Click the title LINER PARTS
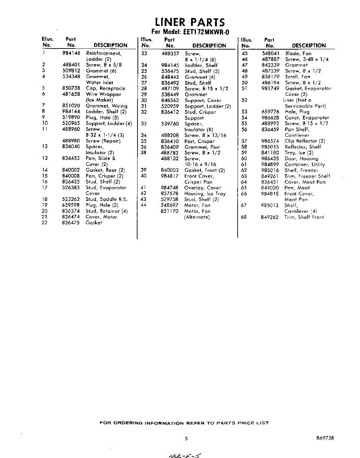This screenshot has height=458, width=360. pyautogui.click(x=189, y=23)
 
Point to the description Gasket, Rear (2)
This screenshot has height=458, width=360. pyautogui.click(x=105, y=170)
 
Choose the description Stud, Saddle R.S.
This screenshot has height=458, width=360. pyautogui.click(x=107, y=199)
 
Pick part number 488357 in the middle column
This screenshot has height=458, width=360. pyautogui.click(x=170, y=53)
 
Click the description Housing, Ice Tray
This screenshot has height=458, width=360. pyautogui.click(x=205, y=194)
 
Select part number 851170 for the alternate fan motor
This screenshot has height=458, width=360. pyautogui.click(x=170, y=211)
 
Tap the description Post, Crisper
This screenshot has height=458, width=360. pyautogui.click(x=199, y=141)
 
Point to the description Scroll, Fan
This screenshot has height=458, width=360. pyautogui.click(x=297, y=77)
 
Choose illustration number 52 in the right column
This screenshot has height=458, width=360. pyautogui.click(x=245, y=100)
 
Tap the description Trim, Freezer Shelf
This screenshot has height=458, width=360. pyautogui.click(x=307, y=176)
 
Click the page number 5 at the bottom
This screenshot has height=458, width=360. pyautogui.click(x=186, y=439)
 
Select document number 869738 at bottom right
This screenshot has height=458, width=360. pyautogui.click(x=325, y=439)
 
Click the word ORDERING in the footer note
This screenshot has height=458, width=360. pyautogui.click(x=127, y=423)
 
